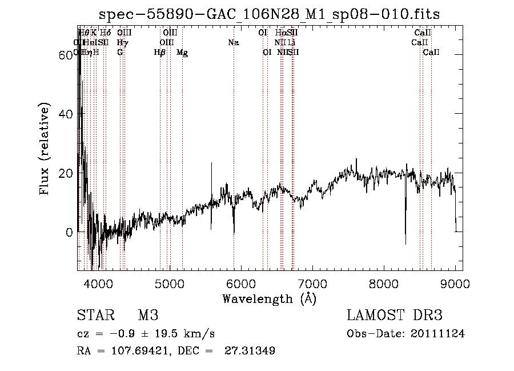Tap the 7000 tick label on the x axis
tap(312, 282)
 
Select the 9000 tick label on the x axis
tap(455, 282)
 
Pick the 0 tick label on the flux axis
tap(69, 232)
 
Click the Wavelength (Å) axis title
tap(269, 298)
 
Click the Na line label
tap(233, 42)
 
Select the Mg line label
tap(182, 53)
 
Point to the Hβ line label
tap(160, 53)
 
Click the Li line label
tap(291, 42)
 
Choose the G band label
tap(120, 53)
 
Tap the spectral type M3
tap(148, 316)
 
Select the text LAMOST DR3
tap(395, 316)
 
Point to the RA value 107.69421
tap(135, 351)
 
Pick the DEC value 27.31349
tap(251, 351)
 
